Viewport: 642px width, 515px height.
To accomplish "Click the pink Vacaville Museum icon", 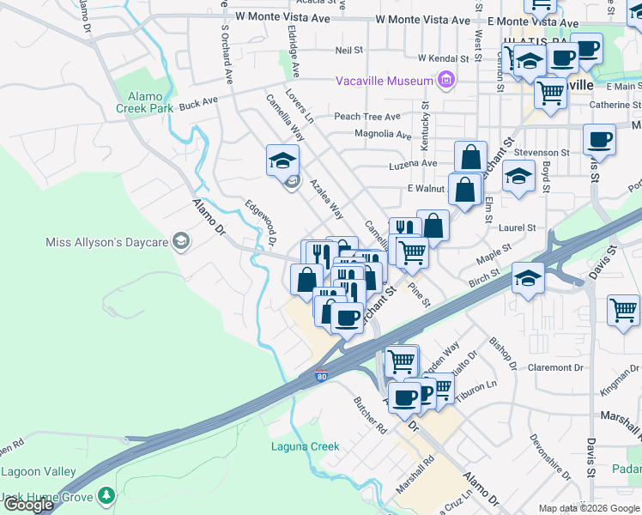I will pyautogui.click(x=445, y=82).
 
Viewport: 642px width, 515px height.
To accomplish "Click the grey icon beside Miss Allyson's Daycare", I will pyautogui.click(x=180, y=242).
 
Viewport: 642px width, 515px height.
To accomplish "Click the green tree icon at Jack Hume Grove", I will pyautogui.click(x=106, y=496).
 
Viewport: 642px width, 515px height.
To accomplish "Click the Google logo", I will pyautogui.click(x=27, y=505).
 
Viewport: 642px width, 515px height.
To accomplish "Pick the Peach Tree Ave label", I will pyautogui.click(x=367, y=117).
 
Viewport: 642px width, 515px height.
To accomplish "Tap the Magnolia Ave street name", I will pyautogui.click(x=383, y=134).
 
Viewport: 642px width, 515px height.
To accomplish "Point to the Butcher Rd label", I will pyautogui.click(x=371, y=414).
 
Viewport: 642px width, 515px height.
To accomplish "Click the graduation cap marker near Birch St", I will pyautogui.click(x=528, y=278).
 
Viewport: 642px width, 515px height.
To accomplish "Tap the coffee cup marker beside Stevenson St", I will pyautogui.click(x=599, y=139).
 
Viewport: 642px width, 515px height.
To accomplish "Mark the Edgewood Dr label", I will pyautogui.click(x=260, y=222).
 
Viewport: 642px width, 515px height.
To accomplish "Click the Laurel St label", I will pyautogui.click(x=518, y=228).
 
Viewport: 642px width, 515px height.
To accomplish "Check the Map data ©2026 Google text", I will pyautogui.click(x=588, y=508).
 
